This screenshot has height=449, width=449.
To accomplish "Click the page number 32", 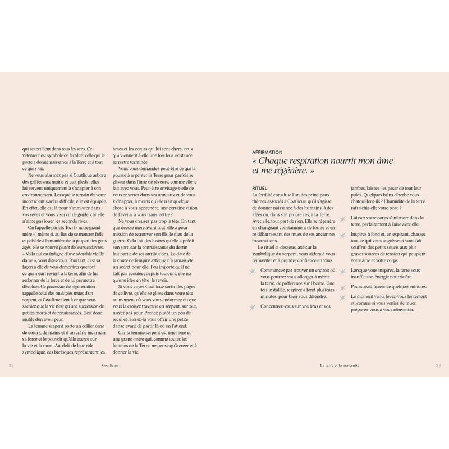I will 11,365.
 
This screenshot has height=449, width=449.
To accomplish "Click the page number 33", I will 438,365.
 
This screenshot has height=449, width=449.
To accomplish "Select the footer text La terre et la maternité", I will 339,365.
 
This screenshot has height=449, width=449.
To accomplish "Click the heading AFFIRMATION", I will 267,152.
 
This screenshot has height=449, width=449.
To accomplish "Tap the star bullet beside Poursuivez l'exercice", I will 342,287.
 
